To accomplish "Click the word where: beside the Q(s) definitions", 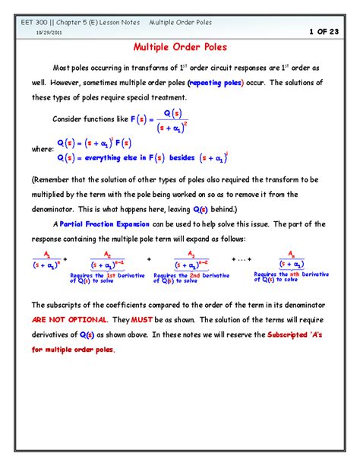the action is [42, 150].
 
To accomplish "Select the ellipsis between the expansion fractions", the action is [242, 259].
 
